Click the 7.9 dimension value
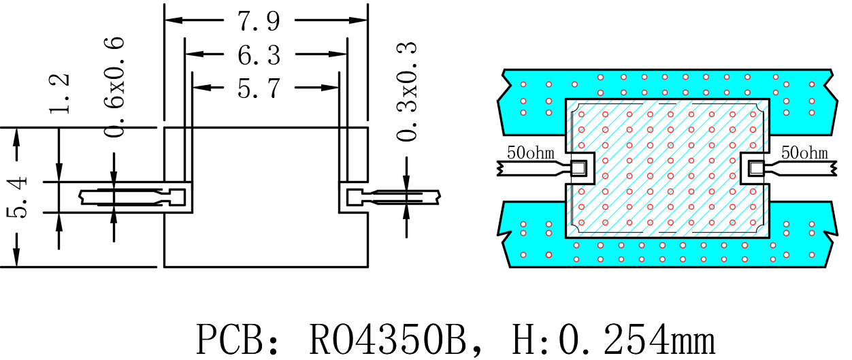point(259,21)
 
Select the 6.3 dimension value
point(259,55)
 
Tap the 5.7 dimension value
point(259,88)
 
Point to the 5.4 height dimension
point(18,197)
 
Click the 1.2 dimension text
point(59,94)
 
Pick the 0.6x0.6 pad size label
point(114,86)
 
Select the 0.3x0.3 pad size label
point(406,91)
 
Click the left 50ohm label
point(531,152)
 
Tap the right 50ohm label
point(804,152)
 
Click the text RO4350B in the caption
point(388,340)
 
